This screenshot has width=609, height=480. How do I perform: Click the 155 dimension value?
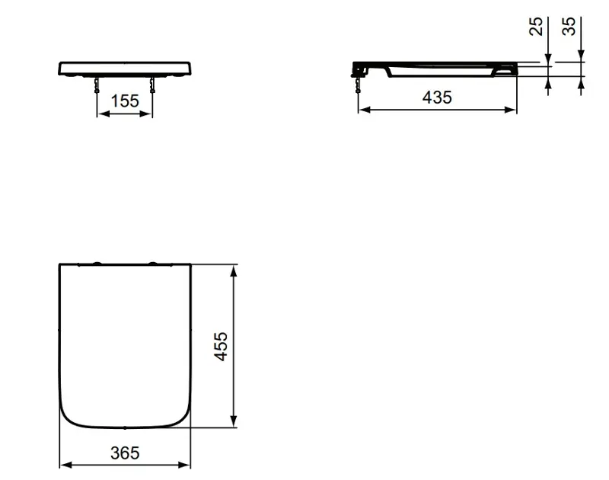point(125,101)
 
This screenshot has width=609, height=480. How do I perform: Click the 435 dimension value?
point(437,98)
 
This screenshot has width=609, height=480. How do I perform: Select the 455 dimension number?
point(221,347)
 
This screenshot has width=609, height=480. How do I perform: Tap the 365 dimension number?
point(125,453)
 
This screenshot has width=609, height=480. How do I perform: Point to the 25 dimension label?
point(536,27)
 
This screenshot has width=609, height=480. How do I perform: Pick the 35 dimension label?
point(569,27)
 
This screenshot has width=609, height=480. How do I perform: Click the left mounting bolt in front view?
point(97,85)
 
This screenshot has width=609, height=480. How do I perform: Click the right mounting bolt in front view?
point(152,85)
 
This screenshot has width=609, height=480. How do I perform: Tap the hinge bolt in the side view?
point(358,85)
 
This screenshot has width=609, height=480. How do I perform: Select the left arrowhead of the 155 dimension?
point(103,114)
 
